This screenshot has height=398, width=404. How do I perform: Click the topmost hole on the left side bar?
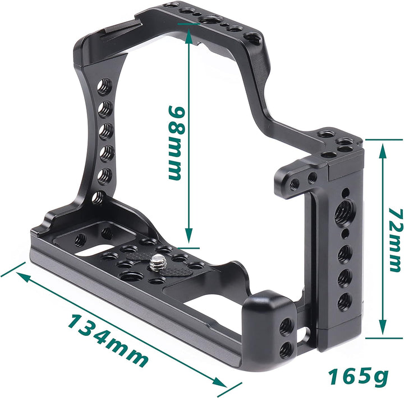pos(104,87)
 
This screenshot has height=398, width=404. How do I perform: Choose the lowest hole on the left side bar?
pos(98,196)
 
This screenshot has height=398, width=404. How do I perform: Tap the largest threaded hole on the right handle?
pos(342,213)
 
